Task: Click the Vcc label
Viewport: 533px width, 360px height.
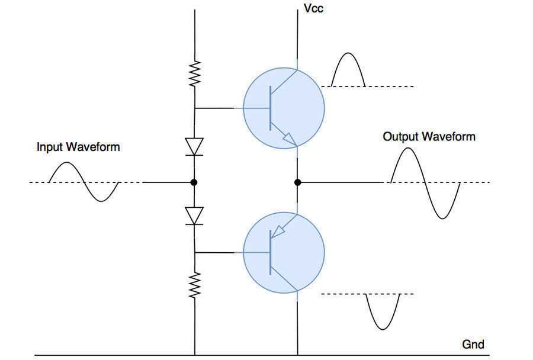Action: pos(313,9)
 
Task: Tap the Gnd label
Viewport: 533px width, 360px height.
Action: pos(473,344)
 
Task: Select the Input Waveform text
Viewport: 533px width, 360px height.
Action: pos(78,147)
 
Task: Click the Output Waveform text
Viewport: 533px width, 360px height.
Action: pos(429,137)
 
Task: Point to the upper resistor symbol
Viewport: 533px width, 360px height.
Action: pos(195,74)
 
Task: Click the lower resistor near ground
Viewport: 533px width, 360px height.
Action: pos(195,285)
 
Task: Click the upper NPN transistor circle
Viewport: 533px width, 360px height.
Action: pos(284,108)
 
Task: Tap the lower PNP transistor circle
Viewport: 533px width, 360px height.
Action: pos(284,253)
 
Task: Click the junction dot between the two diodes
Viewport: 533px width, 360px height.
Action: pos(195,182)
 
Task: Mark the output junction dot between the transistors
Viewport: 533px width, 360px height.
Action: pos(298,182)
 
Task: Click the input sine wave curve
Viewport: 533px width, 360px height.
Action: pos(84,182)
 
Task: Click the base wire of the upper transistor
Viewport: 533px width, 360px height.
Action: pos(219,108)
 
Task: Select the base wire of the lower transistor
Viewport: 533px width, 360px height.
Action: pos(219,253)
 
